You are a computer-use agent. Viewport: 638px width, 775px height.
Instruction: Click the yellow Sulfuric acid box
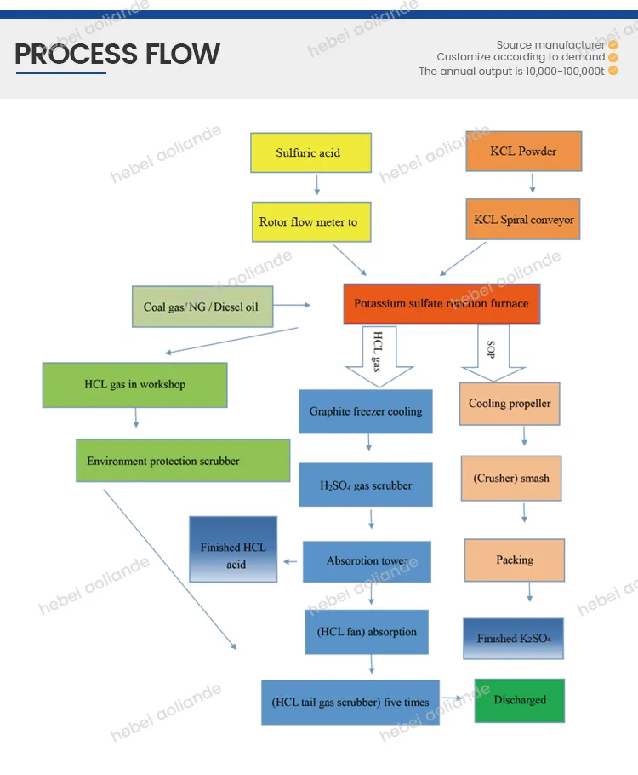[310, 153]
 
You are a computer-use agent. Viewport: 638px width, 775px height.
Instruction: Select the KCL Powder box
[524, 152]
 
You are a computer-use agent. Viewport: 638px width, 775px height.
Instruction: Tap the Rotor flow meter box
[310, 222]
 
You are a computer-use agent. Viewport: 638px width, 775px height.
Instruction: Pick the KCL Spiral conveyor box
[524, 220]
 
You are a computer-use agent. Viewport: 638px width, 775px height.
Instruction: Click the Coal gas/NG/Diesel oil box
[202, 306]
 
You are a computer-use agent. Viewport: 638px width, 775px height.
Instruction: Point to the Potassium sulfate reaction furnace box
[441, 303]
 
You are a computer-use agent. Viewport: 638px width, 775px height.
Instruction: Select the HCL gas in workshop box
[134, 385]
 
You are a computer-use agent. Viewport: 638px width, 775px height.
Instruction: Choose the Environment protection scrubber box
[182, 461]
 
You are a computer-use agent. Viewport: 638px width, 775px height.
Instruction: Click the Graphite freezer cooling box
[366, 411]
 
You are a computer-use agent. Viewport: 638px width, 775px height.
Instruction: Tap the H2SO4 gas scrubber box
[366, 485]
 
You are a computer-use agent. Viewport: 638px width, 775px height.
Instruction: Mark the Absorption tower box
[367, 561]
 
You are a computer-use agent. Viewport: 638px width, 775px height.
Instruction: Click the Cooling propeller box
[510, 404]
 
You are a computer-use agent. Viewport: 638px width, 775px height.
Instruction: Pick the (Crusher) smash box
[511, 478]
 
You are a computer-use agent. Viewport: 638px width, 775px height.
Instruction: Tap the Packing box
[515, 560]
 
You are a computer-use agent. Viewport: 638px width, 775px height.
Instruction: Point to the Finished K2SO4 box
[514, 638]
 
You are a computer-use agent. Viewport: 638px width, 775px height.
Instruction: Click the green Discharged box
[519, 700]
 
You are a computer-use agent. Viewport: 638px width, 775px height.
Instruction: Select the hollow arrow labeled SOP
[493, 356]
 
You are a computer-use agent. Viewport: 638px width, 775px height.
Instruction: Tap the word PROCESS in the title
[68, 55]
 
